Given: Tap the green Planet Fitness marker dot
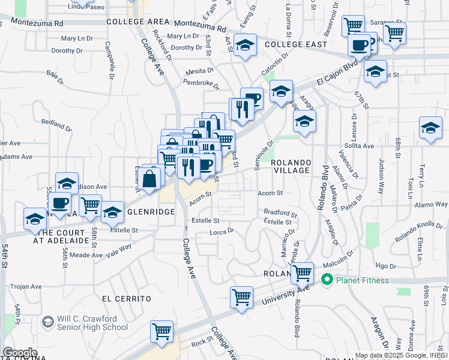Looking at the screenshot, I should tap(327, 280).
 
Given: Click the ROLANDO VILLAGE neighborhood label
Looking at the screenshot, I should tap(291, 166).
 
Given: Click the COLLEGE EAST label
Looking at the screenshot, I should tap(296, 44).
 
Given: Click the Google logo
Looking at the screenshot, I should tap(20, 352).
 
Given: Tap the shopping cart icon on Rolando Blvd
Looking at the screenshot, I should tap(303, 273).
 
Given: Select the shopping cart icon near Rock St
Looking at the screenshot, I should tap(162, 331).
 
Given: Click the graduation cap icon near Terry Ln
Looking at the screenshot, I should tap(430, 128).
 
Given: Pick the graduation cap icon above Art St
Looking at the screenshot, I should tap(245, 46).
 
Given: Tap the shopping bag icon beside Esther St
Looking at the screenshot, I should tap(153, 177).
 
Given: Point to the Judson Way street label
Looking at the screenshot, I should tap(381, 172).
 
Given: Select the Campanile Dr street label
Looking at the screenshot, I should tap(110, 61).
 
